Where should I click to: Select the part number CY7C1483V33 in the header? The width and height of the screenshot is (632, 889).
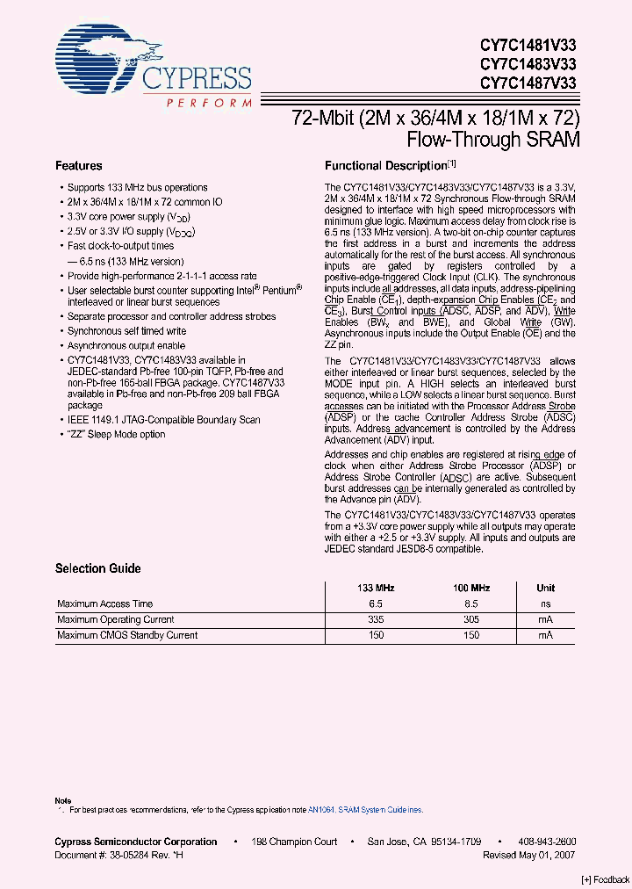528,63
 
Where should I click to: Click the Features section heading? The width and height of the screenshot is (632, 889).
78,165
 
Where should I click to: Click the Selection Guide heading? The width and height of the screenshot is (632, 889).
97,568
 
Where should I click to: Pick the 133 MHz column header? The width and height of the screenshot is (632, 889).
375,588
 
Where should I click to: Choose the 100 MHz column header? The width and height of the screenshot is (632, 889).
471,588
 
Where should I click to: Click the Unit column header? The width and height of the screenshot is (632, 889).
545,588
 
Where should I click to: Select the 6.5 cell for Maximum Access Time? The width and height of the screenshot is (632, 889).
375,604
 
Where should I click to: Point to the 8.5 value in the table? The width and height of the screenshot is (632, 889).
471,604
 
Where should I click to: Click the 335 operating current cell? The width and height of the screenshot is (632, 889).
375,619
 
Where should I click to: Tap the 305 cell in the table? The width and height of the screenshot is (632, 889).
471,619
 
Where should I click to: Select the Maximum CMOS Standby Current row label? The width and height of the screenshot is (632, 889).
127,635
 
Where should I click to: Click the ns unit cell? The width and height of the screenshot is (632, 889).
545,604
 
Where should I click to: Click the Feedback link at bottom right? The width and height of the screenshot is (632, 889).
606,880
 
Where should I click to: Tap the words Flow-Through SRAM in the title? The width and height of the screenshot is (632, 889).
493,139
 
